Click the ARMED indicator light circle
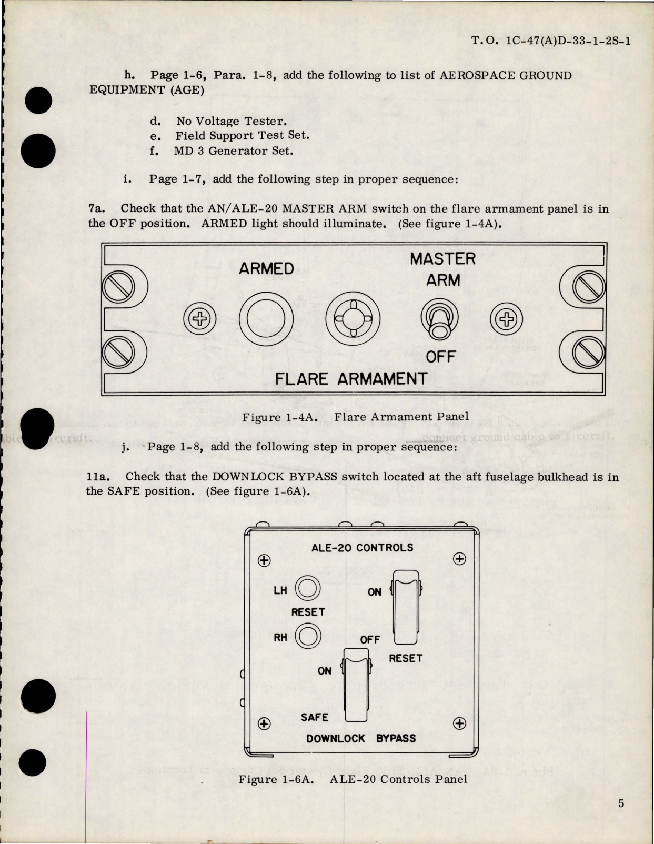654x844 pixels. click(x=266, y=319)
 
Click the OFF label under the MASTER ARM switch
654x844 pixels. click(x=440, y=357)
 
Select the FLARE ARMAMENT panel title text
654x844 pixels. click(x=351, y=379)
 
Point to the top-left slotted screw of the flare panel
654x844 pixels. click(x=118, y=288)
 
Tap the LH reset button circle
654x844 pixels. click(x=308, y=588)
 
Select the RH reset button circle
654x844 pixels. click(x=308, y=636)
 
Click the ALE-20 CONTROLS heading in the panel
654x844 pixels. click(x=362, y=548)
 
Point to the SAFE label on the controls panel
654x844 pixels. click(x=314, y=717)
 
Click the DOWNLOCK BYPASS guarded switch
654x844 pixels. click(x=356, y=684)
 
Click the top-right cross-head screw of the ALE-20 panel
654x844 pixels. click(x=459, y=559)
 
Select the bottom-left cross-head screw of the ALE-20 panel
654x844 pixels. click(x=264, y=724)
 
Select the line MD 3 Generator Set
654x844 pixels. click(x=233, y=150)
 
